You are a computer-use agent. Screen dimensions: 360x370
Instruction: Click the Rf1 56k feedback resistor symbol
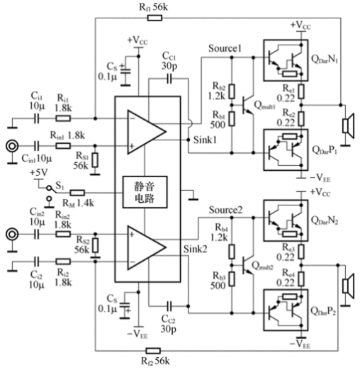154,18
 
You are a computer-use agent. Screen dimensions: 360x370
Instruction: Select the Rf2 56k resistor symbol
153,351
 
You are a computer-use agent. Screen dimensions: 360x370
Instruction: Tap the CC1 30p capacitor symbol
169,79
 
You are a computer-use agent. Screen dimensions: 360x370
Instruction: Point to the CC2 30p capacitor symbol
169,306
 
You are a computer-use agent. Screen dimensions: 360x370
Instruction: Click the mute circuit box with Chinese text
145,192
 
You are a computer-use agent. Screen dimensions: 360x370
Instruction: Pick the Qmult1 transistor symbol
248,105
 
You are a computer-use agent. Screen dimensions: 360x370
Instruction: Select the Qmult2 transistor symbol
248,265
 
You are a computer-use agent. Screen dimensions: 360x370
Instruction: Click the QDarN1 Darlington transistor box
286,60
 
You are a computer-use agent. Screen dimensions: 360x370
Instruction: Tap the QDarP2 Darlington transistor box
286,310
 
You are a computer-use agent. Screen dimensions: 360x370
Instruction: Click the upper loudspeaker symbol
349,126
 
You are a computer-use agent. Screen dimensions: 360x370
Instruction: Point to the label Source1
225,48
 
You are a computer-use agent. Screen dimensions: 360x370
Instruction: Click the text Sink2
195,249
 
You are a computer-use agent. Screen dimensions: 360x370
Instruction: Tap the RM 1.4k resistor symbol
78,193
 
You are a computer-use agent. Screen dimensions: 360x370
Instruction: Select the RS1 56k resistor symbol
95,160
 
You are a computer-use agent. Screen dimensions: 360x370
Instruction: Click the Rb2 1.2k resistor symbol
232,91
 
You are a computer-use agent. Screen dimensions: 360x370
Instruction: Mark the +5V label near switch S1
39,173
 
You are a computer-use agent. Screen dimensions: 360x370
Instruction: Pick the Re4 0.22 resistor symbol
301,279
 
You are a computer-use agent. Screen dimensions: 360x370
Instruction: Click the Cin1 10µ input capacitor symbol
36,146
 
